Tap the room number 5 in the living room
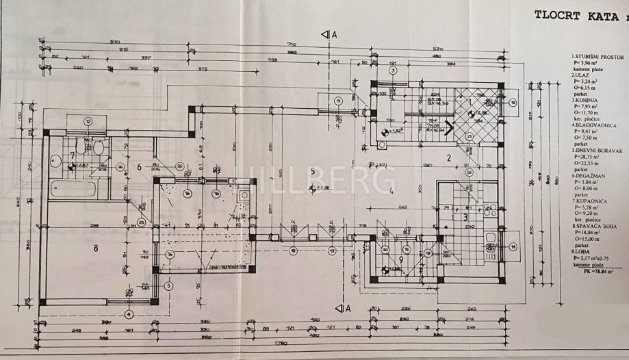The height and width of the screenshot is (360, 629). pos(312,171)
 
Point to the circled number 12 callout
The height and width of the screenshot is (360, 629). pos(88,120)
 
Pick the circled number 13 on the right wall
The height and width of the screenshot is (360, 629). pos(512,101)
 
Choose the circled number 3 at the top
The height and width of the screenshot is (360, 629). pos(393,70)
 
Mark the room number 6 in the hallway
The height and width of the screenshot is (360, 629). pos(139,166)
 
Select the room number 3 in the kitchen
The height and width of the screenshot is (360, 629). pos(465,218)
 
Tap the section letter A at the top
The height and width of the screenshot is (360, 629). pos(334,34)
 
